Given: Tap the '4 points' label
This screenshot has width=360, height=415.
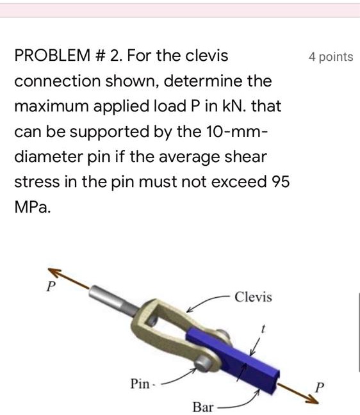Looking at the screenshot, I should pos(330,57).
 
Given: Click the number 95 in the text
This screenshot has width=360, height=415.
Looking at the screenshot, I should pos(280,182).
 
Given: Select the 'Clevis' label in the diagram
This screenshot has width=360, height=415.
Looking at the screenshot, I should pos(253,297).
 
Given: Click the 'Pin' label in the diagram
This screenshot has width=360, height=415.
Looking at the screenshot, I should pos(140,384).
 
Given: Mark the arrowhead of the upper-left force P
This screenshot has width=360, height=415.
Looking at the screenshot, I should pos(53,270).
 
